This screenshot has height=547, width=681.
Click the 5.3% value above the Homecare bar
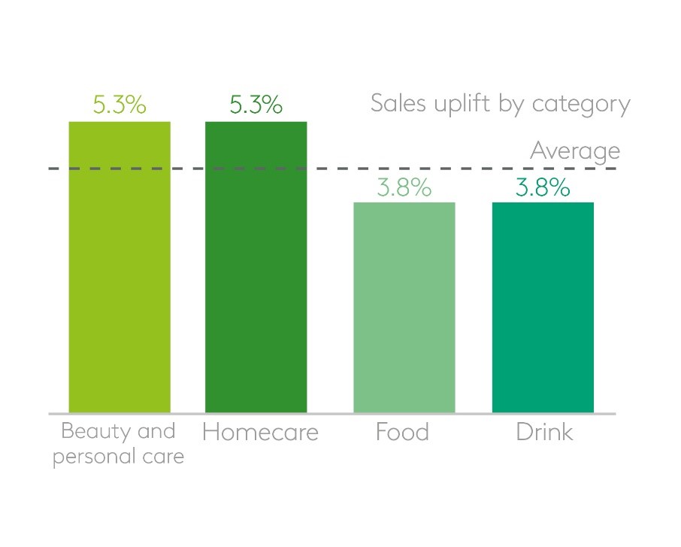click(256, 105)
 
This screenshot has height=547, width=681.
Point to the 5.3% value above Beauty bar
click(120, 105)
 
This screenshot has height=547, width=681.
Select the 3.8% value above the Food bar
click(404, 187)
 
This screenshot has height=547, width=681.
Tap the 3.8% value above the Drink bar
click(543, 187)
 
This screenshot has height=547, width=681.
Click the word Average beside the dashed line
click(575, 151)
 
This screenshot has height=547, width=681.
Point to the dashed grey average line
click(331, 169)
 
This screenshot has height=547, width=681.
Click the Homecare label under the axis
click(260, 433)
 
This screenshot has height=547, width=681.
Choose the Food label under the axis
click(404, 433)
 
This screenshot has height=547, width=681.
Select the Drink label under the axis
click(544, 433)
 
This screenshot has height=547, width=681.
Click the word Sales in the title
click(397, 104)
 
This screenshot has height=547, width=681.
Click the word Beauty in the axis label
click(88, 432)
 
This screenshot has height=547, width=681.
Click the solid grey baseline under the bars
click(331, 414)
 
